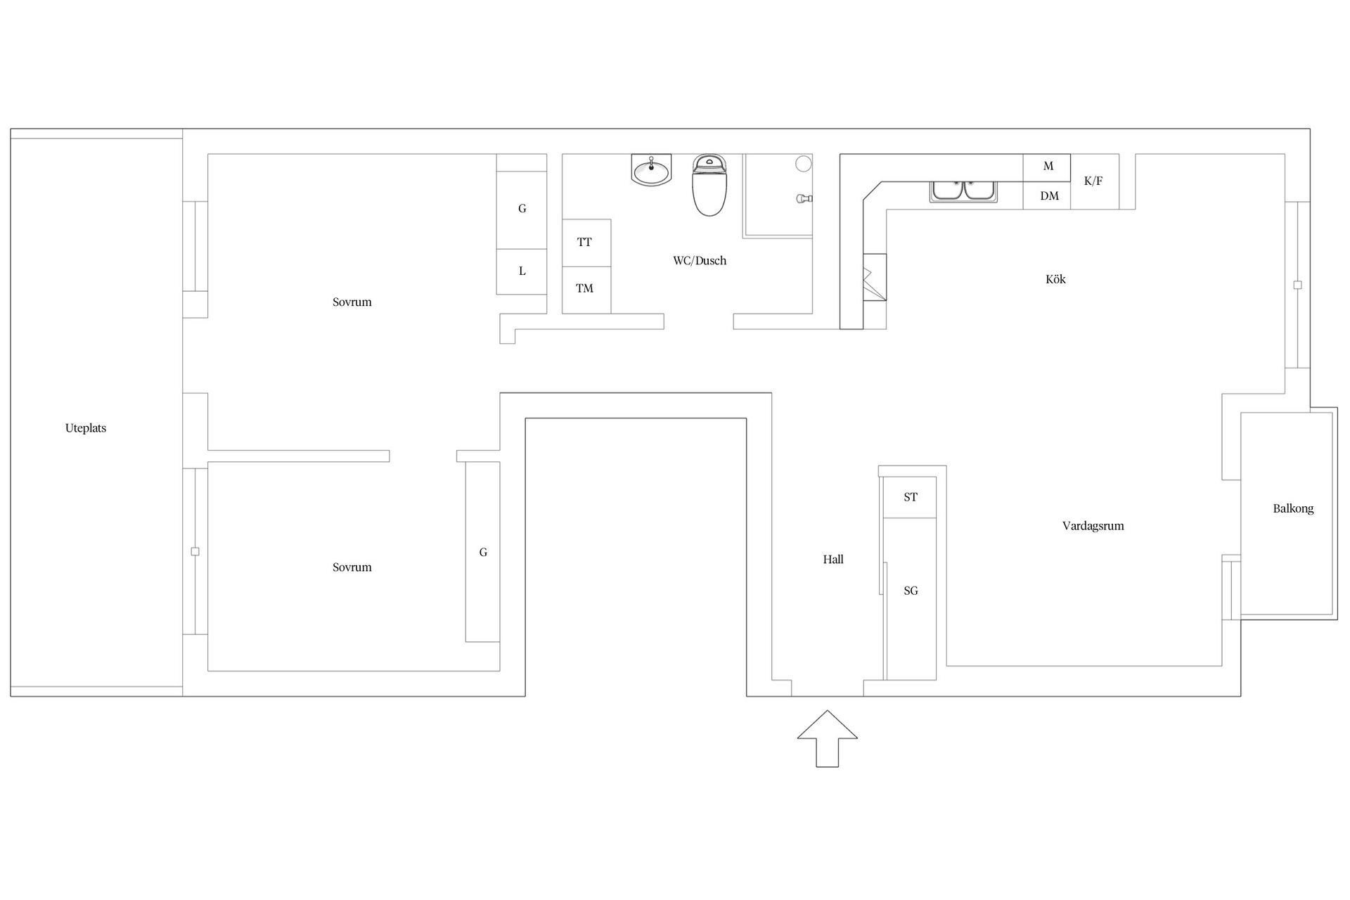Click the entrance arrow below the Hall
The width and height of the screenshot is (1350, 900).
click(827, 738)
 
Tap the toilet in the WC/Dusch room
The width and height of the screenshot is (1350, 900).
click(709, 185)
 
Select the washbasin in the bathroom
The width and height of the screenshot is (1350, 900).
click(652, 170)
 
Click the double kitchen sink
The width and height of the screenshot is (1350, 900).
click(963, 191)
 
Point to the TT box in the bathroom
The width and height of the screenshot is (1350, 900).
click(586, 243)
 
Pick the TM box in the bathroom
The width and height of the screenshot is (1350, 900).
click(586, 290)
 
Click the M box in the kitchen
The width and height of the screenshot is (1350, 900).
click(1047, 167)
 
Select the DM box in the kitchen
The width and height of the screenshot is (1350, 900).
click(1047, 195)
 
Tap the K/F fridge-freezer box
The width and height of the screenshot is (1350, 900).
click(1094, 181)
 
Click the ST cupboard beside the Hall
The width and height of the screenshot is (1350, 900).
click(910, 497)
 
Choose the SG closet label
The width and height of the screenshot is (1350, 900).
click(911, 591)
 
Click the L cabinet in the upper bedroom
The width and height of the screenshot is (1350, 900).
click(522, 271)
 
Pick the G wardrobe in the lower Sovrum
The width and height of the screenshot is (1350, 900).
click(482, 552)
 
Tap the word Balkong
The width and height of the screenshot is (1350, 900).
click(1293, 508)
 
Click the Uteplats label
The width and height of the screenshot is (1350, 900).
click(86, 428)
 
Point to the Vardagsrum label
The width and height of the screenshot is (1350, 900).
click(1093, 526)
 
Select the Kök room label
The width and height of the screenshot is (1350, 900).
click(1055, 279)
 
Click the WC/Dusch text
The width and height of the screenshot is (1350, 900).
click(700, 261)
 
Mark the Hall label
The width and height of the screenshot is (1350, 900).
click(833, 560)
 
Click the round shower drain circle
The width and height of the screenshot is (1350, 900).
click(804, 164)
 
